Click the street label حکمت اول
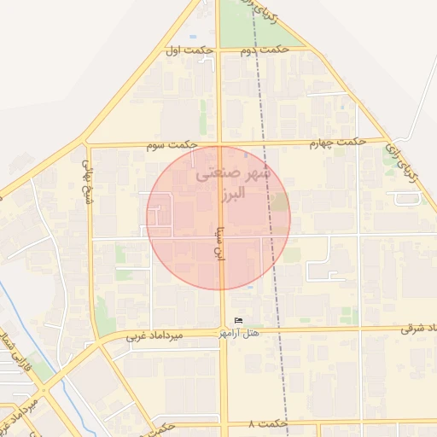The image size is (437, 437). tap(189, 51)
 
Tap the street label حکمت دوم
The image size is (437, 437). tap(261, 51)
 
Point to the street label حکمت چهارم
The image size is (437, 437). tap(339, 142)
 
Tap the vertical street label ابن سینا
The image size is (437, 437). tap(219, 241)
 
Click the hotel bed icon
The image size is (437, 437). tap(238, 320)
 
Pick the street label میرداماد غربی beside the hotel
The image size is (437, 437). tap(155, 335)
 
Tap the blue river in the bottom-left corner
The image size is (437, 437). tap(34, 341)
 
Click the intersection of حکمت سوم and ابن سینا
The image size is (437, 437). tap(220, 143)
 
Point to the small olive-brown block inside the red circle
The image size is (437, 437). tap(280, 202)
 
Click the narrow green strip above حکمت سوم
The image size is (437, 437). tap(203, 117)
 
